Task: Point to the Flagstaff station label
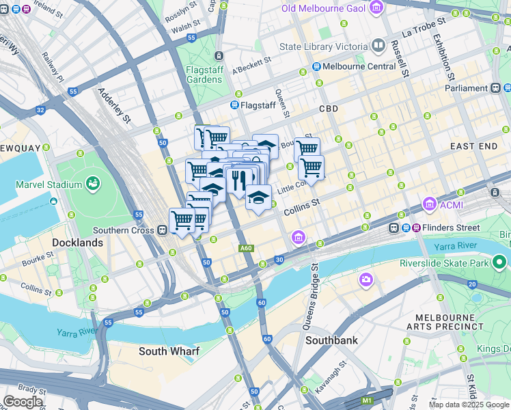tap(258, 105)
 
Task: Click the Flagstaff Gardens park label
tap(204, 74)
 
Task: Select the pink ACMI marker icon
tap(430, 204)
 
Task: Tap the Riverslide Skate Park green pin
tap(500, 262)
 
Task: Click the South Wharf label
tap(169, 351)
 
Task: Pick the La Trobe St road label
tap(424, 27)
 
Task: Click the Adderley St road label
tap(113, 105)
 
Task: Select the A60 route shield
tap(246, 248)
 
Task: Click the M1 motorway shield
tap(368, 400)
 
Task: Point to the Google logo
tap(23, 402)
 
